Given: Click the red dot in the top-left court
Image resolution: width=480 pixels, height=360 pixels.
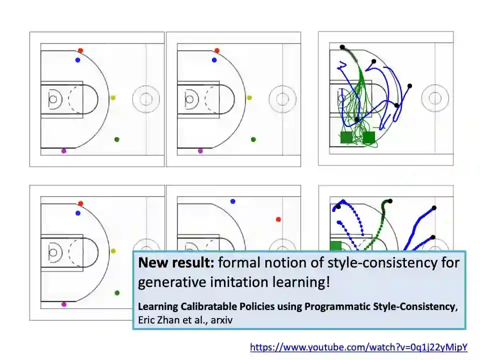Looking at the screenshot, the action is (80, 50).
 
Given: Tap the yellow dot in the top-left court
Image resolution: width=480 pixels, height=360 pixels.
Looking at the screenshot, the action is (113, 98).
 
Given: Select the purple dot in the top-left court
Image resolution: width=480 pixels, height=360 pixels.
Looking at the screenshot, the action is (63, 151).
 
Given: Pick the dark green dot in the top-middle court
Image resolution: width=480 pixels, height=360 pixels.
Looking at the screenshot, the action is (253, 139).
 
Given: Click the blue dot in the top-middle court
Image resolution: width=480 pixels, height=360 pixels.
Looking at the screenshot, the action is (214, 60).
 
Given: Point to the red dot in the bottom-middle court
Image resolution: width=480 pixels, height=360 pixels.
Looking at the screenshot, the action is (278, 219).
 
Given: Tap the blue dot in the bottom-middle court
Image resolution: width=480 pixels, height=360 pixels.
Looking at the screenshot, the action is (233, 201).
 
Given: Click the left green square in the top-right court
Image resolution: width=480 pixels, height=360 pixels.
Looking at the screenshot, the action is (346, 137).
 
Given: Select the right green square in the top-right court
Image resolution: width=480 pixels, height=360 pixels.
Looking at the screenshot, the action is (369, 137).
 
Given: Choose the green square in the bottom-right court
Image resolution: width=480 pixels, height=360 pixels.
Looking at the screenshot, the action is (335, 245).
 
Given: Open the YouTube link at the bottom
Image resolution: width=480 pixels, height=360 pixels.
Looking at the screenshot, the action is (358, 347).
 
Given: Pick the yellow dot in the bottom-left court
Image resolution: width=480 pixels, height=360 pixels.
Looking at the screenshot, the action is (113, 251).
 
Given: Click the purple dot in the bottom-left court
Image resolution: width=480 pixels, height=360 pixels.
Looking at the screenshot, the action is (63, 304).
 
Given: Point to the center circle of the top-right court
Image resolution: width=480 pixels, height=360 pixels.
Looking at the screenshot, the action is (435, 98).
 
